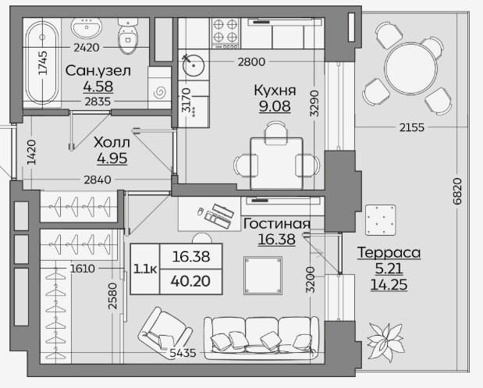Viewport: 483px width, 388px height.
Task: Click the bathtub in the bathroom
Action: (x=42, y=63)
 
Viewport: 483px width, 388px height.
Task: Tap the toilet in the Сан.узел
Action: (x=128, y=36)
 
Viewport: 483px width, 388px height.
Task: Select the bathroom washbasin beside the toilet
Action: (x=87, y=27)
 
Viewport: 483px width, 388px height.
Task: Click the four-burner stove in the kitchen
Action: (x=226, y=34)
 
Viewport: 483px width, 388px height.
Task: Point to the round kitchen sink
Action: (x=194, y=66)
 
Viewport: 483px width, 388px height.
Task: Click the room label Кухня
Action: (x=275, y=91)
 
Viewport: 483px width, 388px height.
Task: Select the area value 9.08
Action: (x=275, y=106)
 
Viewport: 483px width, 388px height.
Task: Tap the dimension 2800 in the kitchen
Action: (x=251, y=62)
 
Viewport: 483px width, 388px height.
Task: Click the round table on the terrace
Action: (x=411, y=68)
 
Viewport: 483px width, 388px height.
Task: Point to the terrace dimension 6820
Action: (x=457, y=191)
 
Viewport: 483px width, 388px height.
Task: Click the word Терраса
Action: (x=389, y=253)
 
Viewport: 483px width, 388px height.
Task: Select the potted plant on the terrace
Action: (x=385, y=342)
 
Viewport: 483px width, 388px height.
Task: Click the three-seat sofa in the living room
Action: (x=261, y=338)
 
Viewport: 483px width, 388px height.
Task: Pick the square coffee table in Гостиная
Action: (x=263, y=276)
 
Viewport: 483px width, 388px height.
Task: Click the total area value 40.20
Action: (x=190, y=281)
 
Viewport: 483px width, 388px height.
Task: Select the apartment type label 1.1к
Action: (x=145, y=269)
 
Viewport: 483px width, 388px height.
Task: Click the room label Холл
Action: (x=112, y=142)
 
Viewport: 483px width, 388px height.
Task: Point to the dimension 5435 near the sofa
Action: (x=183, y=353)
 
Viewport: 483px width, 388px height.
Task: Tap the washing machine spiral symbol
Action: (x=160, y=91)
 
